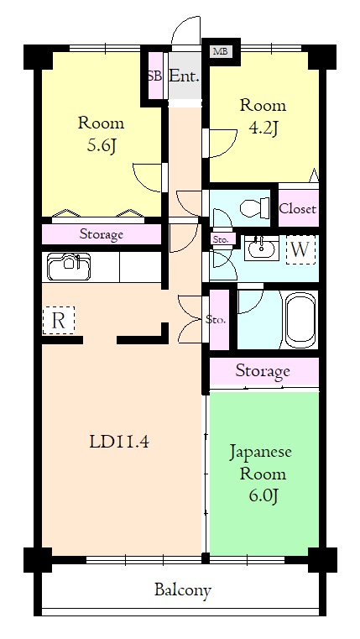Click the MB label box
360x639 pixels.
222,52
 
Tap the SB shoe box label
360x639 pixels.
154,76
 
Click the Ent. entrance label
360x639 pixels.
185,76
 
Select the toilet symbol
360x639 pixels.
254,207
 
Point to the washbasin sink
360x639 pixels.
262,249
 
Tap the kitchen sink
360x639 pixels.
69,267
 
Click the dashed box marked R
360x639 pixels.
59,320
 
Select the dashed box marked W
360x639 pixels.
300,250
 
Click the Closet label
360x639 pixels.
298,209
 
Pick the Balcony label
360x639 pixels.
183,589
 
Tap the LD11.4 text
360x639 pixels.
119,443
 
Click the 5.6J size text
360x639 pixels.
99,145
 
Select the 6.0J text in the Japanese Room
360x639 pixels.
263,495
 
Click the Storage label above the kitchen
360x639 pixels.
101,234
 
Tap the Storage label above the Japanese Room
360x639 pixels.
263,371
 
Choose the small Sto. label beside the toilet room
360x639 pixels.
220,239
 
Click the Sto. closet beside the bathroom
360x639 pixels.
219,319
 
